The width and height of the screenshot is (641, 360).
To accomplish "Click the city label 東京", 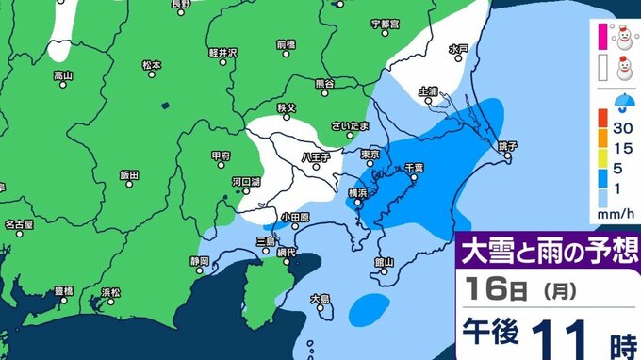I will point(370,155).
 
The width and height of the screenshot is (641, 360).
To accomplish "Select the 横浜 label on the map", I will point(358,192).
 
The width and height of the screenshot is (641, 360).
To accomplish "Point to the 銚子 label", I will point(507,146).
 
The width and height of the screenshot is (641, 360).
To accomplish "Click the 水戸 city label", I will point(458,48).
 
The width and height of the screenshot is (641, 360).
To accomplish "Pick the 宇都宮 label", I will point(386,22).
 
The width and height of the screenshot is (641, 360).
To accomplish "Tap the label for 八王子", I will point(315,157).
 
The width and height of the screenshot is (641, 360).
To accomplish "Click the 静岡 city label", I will point(198,259).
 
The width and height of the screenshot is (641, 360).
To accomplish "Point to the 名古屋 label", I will point(19,224).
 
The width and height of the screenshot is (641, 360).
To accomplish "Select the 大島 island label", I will point(321,299).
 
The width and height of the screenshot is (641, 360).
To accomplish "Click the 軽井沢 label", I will point(247,53).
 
